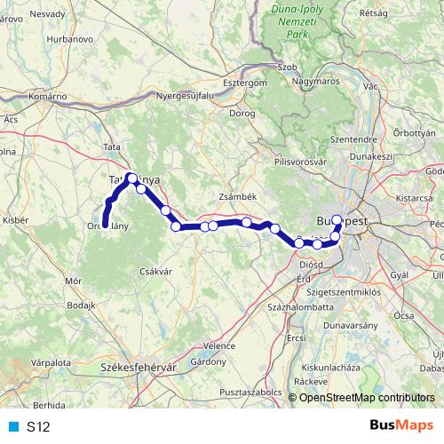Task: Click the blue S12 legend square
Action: point(12,427)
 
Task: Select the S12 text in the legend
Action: point(38,427)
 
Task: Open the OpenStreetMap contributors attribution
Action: point(367,397)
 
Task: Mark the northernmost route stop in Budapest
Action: point(337,218)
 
